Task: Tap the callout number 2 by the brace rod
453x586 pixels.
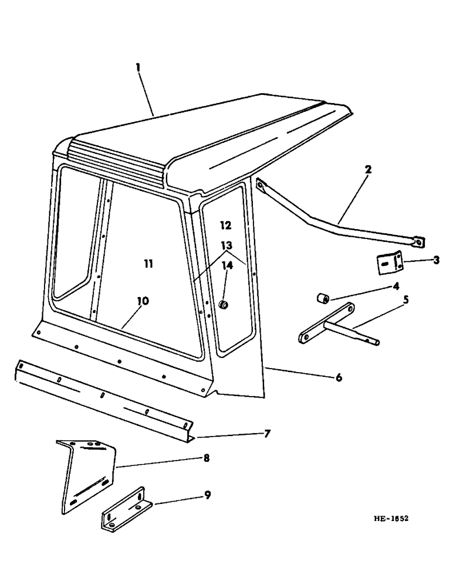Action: pyautogui.click(x=367, y=169)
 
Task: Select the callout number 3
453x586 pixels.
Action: pyautogui.click(x=436, y=260)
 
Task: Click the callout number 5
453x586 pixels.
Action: pyautogui.click(x=406, y=300)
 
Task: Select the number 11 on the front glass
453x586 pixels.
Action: pyautogui.click(x=148, y=265)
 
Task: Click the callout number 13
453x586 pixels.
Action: pyautogui.click(x=226, y=245)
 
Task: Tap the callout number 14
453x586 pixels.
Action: pyautogui.click(x=226, y=265)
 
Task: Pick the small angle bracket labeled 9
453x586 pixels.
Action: pyautogui.click(x=126, y=507)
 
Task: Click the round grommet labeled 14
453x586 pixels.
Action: pyautogui.click(x=224, y=305)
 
